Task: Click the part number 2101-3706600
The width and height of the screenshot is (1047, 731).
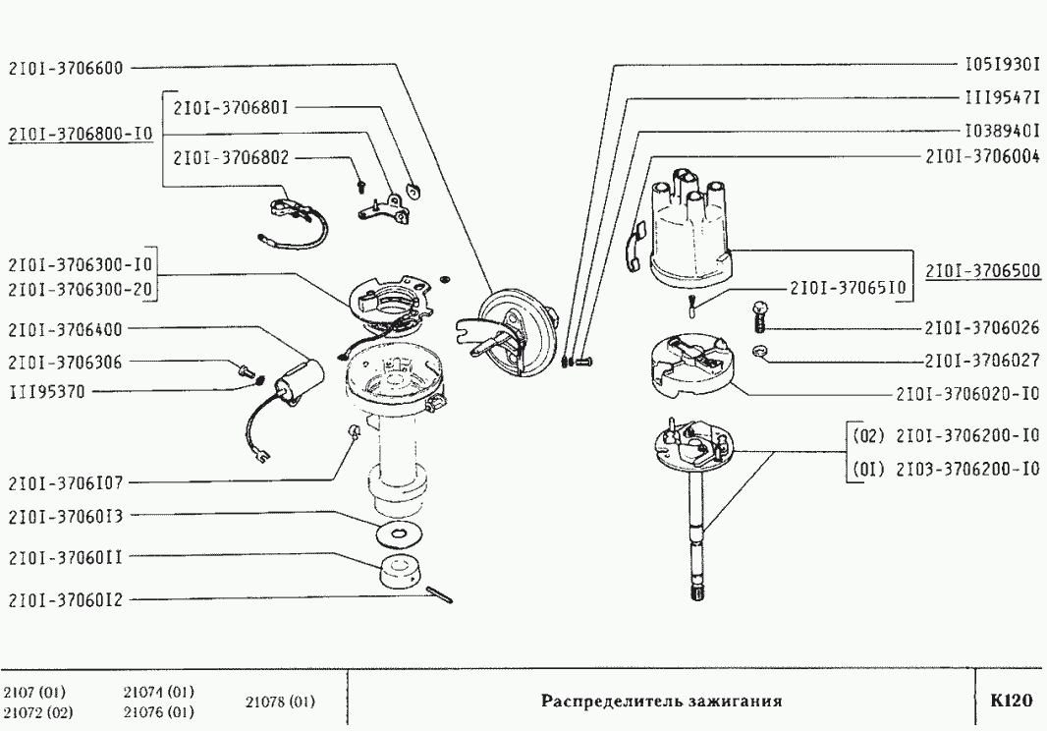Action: [x=65, y=69]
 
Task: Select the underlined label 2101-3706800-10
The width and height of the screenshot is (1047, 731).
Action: [x=80, y=135]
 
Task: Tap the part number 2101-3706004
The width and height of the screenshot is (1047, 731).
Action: [x=982, y=156]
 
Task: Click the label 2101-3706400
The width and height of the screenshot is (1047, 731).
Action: [x=65, y=330]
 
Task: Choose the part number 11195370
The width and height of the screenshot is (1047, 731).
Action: [x=46, y=392]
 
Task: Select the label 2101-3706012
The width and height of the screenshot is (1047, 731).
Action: [x=65, y=599]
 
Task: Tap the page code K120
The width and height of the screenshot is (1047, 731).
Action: [x=1011, y=702]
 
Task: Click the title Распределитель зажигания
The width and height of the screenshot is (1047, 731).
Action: [x=661, y=702]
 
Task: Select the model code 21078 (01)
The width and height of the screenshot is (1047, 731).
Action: [x=279, y=702]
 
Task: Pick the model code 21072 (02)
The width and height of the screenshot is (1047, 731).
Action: [x=36, y=711]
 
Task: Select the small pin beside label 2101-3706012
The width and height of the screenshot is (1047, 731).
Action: [x=440, y=595]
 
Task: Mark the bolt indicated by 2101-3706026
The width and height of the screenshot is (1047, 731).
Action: [x=759, y=315]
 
